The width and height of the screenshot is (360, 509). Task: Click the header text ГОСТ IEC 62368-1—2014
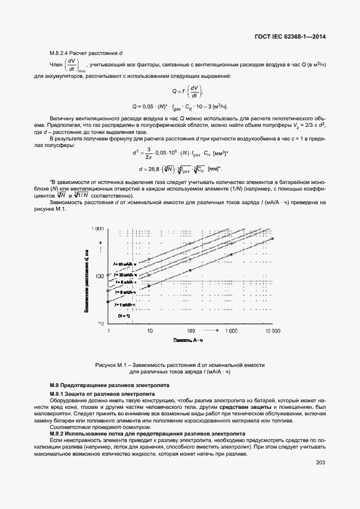[294, 38]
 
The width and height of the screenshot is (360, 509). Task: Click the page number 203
[320, 463]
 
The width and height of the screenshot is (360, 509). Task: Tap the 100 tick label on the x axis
[191, 331]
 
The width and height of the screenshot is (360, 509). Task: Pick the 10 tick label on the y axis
[101, 323]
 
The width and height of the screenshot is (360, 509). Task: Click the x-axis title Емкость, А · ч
[190, 340]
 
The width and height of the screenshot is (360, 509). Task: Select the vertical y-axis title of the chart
[87, 278]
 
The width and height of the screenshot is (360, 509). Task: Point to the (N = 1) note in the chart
[124, 315]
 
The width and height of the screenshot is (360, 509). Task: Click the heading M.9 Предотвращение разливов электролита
[109, 385]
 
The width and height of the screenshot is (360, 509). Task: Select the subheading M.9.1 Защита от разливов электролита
[102, 394]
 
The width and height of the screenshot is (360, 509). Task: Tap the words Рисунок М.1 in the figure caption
[112, 365]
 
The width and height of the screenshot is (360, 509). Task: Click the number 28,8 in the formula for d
[155, 169]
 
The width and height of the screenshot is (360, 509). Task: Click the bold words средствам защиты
[246, 407]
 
